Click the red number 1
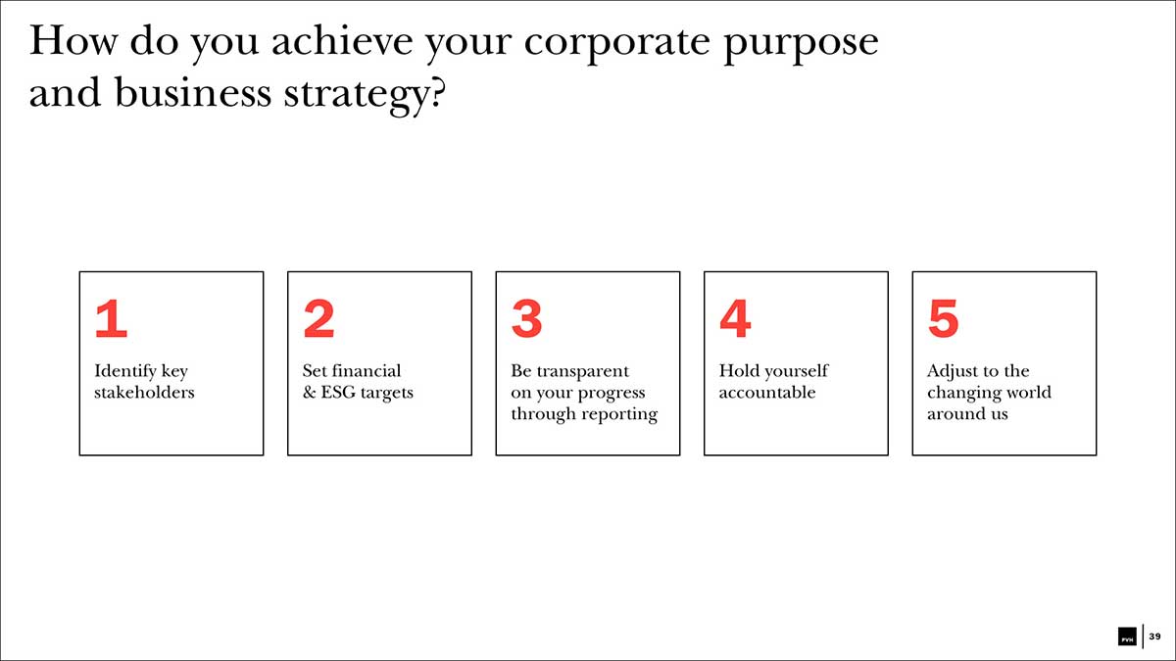112,318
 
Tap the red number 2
319,318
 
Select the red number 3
527,318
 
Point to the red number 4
736,318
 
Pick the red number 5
944,318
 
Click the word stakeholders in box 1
144,392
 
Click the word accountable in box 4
767,392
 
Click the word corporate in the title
617,43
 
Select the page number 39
1155,637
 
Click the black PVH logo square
1127,637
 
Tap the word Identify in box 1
126,371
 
